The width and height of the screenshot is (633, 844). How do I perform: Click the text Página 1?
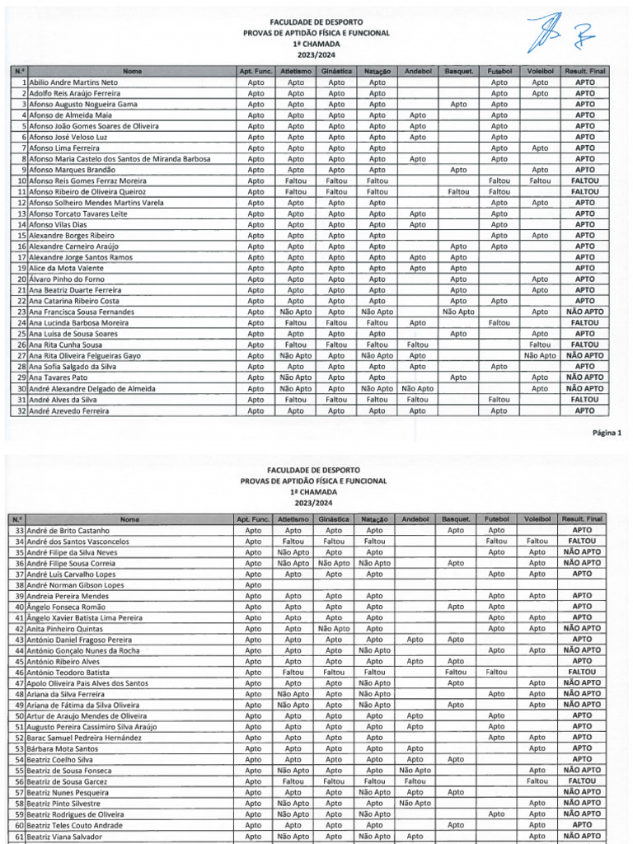[x=607, y=432]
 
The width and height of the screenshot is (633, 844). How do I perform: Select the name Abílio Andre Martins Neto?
[x=73, y=82]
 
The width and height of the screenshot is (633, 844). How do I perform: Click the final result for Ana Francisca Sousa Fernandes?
[x=584, y=312]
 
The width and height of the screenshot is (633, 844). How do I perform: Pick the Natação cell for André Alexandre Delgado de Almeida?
[x=377, y=388]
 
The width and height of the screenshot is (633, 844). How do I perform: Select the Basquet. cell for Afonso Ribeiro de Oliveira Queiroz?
[x=458, y=190]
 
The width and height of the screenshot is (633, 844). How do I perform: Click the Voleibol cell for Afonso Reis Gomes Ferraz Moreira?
[x=539, y=180]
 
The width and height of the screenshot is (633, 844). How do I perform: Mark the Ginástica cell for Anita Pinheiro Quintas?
[x=334, y=628]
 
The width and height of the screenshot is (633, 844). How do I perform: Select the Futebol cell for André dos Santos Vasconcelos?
[x=496, y=542]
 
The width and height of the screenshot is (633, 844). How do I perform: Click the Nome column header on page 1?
[x=130, y=72]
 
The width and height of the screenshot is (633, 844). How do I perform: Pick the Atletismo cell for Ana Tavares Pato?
[x=295, y=377]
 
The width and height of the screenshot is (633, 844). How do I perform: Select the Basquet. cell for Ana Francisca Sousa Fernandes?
[x=458, y=312]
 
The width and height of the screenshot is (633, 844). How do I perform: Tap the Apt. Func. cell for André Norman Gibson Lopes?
[x=253, y=584]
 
